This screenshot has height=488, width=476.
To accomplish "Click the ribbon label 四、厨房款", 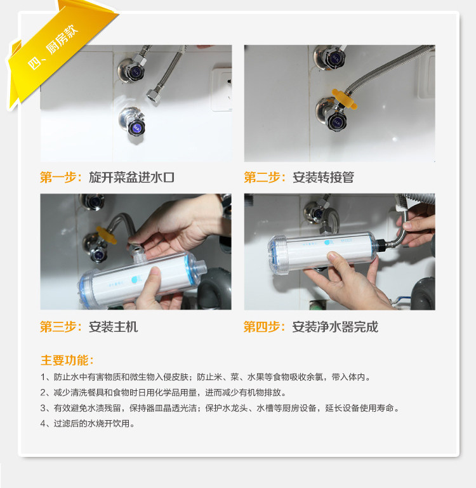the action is coord(53,47).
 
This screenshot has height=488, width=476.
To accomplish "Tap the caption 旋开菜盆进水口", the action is coord(131,178).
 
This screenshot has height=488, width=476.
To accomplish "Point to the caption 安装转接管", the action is coord(323,178).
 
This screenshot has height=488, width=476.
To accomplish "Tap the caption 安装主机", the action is coord(113,327).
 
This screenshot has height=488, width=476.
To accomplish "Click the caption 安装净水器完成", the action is coord(335,327).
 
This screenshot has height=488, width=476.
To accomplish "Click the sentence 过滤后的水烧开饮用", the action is coord(91,423).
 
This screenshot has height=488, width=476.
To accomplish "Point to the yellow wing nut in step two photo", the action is coord(345,98).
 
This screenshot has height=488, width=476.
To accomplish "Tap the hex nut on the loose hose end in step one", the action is coord(153,95).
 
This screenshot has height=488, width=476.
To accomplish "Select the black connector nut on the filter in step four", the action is coord(380,244).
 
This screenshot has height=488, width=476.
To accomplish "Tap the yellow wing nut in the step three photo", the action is coord(106,235).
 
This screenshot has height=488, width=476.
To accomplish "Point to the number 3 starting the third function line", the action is coord(43,408).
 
